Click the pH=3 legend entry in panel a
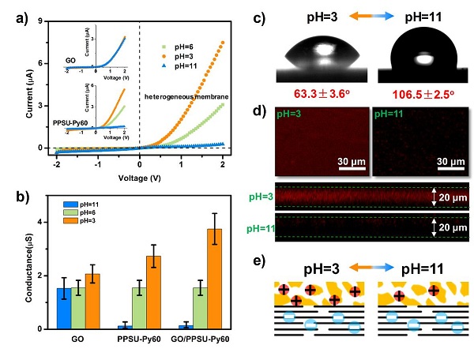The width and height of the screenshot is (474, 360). [184, 56]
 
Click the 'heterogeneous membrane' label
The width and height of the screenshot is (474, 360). [182, 96]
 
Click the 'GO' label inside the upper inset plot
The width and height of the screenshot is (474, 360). [72, 60]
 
